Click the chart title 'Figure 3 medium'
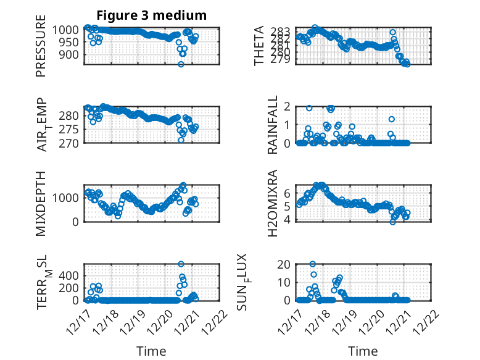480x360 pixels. point(152,15)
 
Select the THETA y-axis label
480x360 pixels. point(259,46)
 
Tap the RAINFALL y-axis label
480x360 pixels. point(272,125)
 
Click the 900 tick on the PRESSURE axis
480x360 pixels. point(70,54)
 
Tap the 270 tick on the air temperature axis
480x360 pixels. point(70,143)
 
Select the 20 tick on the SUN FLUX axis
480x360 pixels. point(284,264)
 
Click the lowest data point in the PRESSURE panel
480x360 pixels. point(181,64)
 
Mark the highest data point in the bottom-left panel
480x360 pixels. point(181,264)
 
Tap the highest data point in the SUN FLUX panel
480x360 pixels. point(313,264)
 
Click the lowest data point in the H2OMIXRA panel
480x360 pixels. point(392,222)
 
